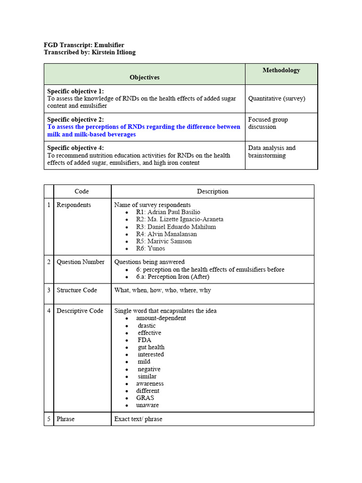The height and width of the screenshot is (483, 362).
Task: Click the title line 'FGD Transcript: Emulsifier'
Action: point(84,45)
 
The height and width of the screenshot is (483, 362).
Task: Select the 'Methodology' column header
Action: point(281,70)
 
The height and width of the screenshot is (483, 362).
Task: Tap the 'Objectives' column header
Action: point(145,77)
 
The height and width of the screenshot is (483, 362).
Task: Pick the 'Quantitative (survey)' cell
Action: point(277,99)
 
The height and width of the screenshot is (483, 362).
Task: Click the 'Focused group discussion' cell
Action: point(268,123)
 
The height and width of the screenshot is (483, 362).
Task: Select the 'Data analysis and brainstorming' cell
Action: point(271,151)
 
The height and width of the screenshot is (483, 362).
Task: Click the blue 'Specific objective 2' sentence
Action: point(140,131)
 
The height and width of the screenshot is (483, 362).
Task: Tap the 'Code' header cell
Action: point(82,192)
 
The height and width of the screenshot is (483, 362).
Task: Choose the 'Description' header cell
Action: point(212,192)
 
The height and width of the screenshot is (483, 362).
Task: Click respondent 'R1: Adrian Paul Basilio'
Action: point(168,212)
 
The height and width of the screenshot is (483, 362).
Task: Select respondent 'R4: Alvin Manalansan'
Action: point(166,234)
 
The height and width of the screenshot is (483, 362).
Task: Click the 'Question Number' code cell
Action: point(80,262)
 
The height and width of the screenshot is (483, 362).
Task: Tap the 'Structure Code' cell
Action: point(76,290)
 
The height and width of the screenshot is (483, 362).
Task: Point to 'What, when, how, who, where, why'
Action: point(163,290)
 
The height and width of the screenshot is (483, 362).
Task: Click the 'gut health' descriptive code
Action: point(151,347)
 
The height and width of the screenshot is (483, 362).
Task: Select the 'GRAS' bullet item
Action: point(145,398)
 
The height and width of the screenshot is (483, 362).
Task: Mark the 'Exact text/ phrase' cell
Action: point(138,419)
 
